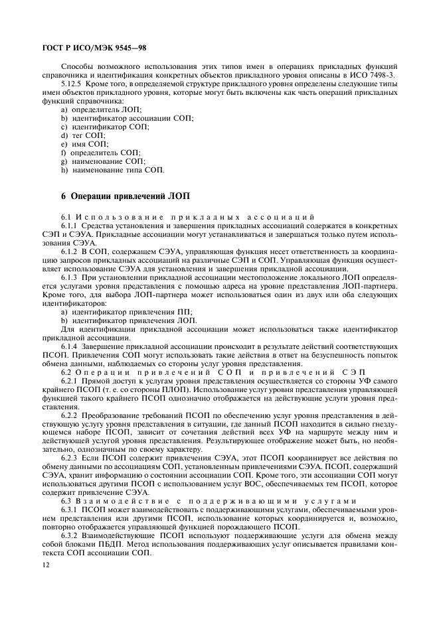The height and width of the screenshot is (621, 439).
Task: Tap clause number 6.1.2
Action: tap(70, 252)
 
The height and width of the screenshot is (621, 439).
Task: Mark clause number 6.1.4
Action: tap(70, 346)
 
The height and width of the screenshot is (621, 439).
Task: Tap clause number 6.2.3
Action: tap(70, 458)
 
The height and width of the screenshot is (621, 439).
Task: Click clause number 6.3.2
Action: tap(70, 535)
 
